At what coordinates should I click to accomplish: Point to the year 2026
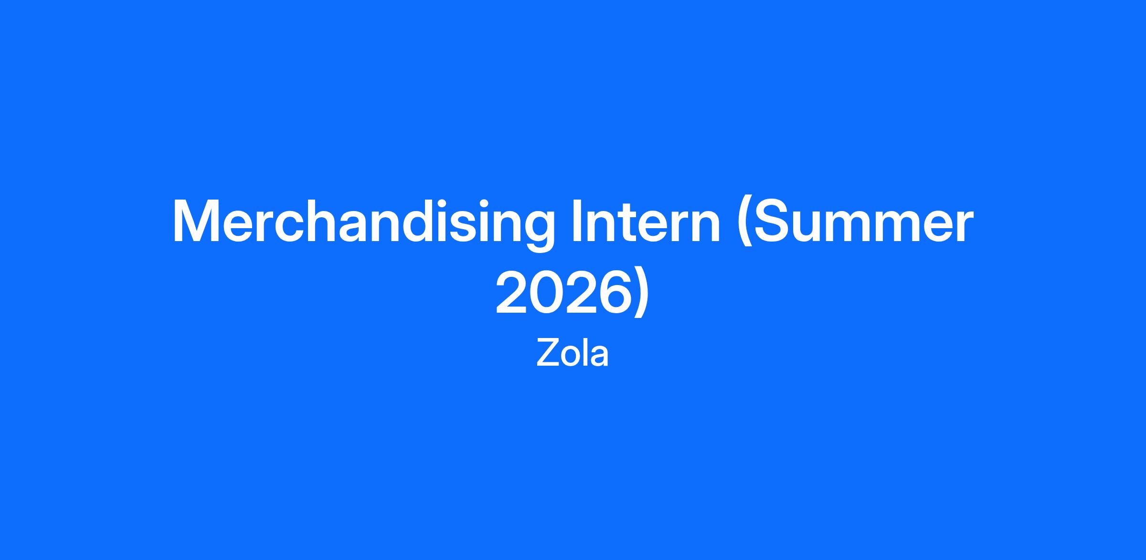click(x=561, y=292)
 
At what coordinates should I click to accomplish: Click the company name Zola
click(x=573, y=354)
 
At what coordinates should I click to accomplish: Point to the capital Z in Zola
click(x=547, y=354)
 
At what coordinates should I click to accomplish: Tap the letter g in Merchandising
click(x=539, y=231)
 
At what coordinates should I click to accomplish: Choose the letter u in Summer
click(x=810, y=227)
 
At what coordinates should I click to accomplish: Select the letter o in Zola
click(x=570, y=358)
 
